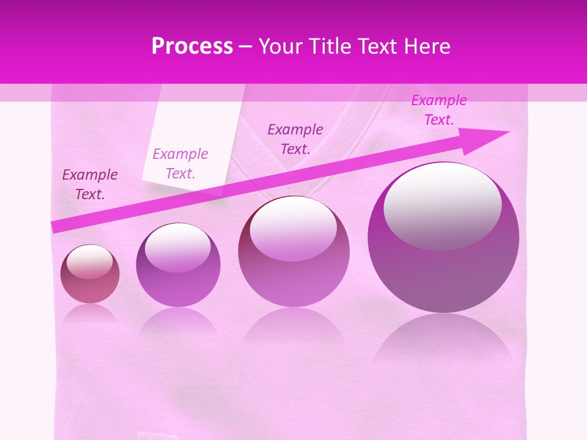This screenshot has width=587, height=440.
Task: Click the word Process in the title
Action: (x=192, y=46)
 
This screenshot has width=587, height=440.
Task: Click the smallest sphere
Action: (x=90, y=274)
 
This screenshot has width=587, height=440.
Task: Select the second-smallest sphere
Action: (x=178, y=265)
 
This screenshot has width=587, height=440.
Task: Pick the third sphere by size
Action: (x=293, y=251)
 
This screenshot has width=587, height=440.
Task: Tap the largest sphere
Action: (x=443, y=238)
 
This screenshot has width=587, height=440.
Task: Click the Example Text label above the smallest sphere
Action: (x=90, y=185)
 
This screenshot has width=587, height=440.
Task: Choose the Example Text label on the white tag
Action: (x=180, y=164)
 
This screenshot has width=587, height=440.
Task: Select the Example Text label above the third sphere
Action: (x=295, y=139)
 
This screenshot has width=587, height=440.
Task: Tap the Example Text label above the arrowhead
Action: (x=439, y=110)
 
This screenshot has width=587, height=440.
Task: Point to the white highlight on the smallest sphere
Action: (x=90, y=262)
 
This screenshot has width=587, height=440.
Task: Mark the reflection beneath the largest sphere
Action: (x=443, y=342)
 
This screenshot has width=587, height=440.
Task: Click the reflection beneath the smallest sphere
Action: (x=90, y=313)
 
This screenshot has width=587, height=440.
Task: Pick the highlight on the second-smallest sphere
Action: (x=177, y=248)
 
